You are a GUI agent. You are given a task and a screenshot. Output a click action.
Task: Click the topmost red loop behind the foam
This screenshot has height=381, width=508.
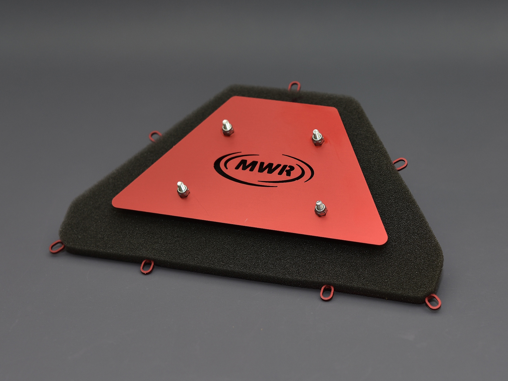click(x=295, y=86)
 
